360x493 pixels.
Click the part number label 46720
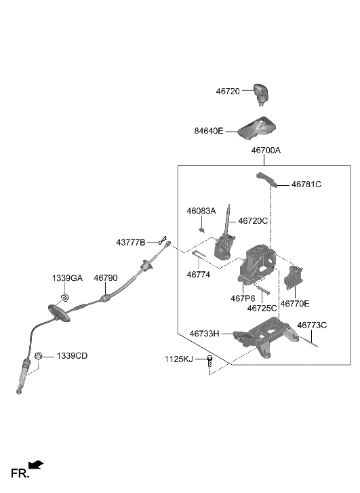[x=232, y=90]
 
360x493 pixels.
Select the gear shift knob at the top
[x=264, y=94]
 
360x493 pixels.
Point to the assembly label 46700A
[x=266, y=151]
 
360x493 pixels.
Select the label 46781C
[x=306, y=184]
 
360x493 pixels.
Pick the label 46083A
[x=201, y=211]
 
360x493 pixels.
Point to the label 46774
[x=199, y=275]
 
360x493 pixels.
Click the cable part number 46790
[x=105, y=278]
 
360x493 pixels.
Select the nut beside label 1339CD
[x=39, y=355]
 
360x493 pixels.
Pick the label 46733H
[x=205, y=334]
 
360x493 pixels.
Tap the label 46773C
[x=312, y=325]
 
